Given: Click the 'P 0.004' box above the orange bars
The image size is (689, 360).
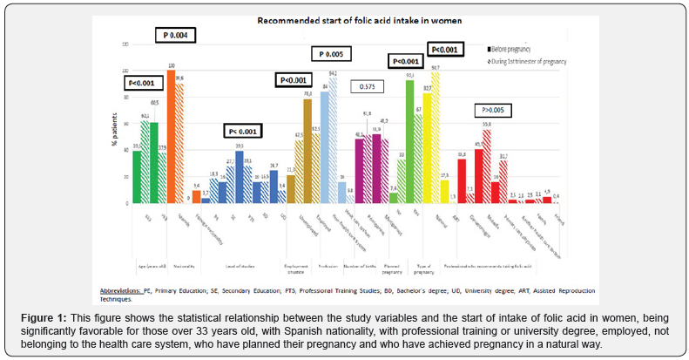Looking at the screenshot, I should click(175, 35).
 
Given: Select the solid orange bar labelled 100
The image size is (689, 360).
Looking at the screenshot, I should click(172, 137).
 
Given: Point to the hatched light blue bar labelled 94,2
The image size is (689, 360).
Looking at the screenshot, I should click(333, 140).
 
